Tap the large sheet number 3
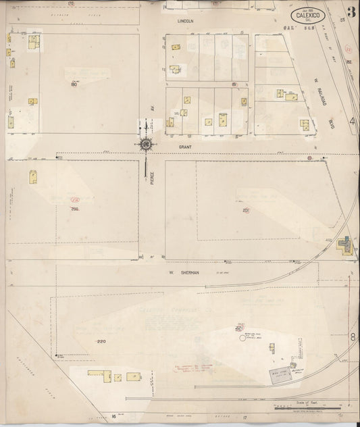pos(351,11)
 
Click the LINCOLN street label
pos(185,21)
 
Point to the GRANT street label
pos(185,145)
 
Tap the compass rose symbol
pos(146,143)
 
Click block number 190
pos(73,84)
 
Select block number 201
pos(246,210)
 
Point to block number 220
pos(101,341)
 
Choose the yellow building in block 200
pos(32,177)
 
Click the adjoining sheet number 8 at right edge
pos(353,336)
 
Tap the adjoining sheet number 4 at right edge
pos(353,122)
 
